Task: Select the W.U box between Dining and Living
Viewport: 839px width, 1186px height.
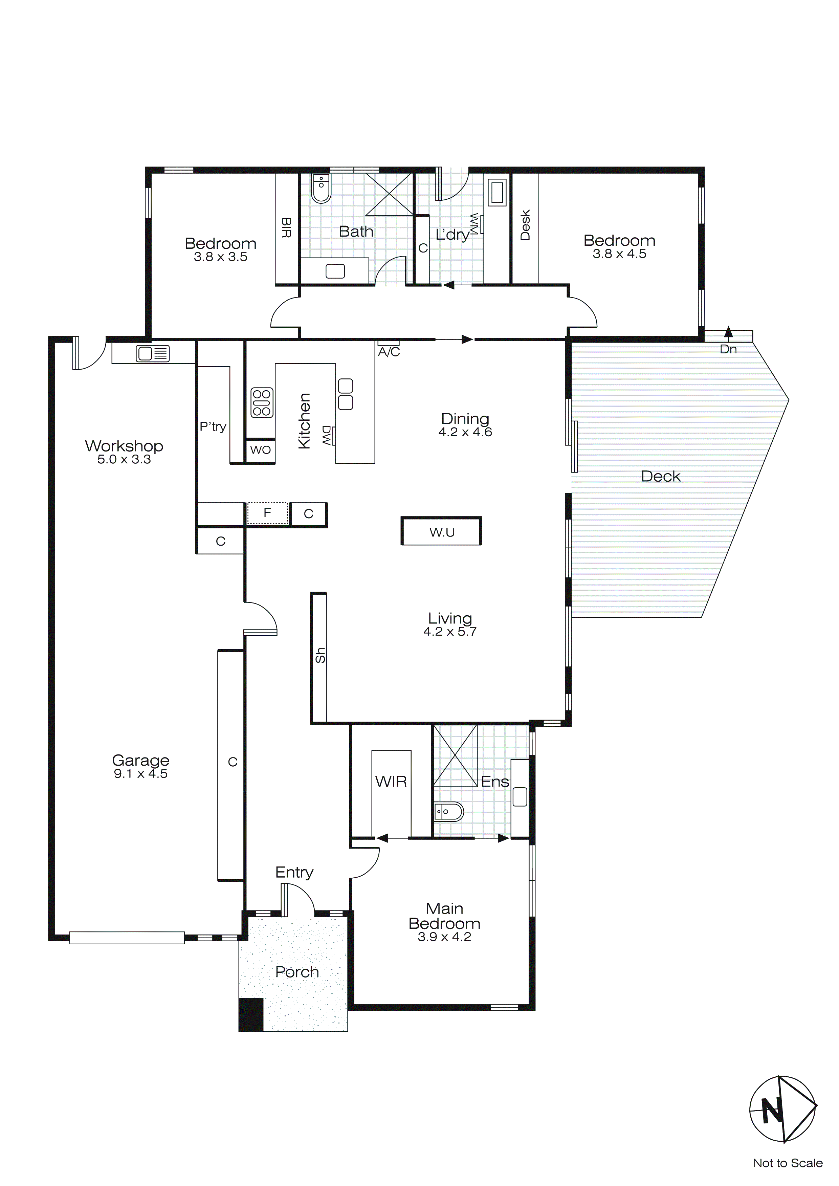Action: (x=442, y=531)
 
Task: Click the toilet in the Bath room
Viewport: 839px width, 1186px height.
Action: (x=321, y=189)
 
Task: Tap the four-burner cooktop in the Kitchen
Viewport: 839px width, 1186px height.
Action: (x=261, y=403)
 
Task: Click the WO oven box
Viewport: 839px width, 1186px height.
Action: (x=260, y=450)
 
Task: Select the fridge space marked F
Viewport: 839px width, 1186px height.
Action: (x=267, y=513)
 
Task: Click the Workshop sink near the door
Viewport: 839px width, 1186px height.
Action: (x=152, y=354)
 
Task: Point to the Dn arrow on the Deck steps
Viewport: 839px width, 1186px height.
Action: (x=728, y=333)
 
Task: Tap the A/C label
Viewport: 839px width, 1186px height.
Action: (x=389, y=352)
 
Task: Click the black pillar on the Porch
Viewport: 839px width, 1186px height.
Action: (x=251, y=1015)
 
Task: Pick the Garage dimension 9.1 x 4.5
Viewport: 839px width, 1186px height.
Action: (x=140, y=774)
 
